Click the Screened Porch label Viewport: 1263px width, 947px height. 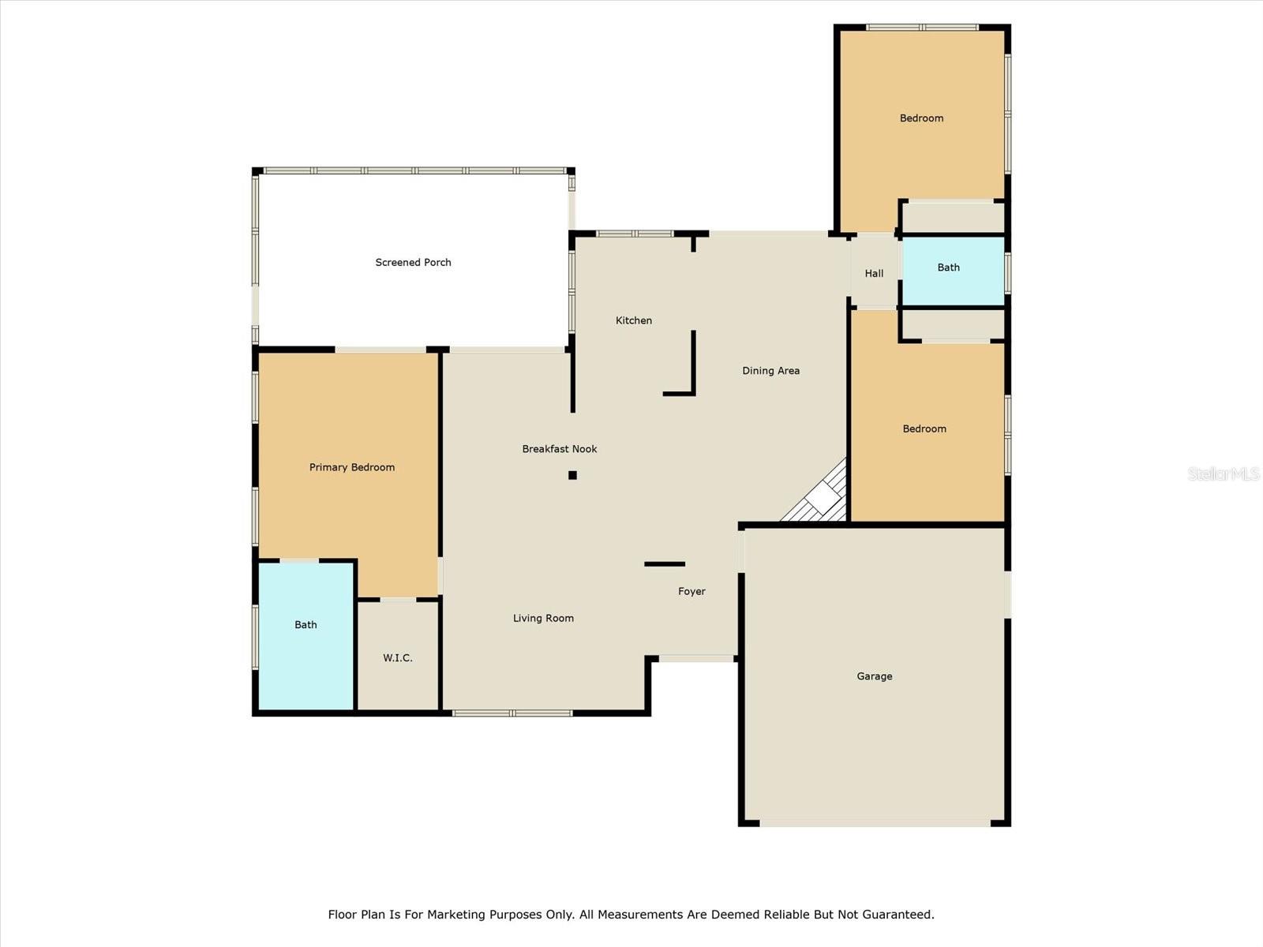click(x=413, y=262)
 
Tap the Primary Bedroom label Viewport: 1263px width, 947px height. click(x=352, y=467)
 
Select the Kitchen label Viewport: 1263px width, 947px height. click(x=634, y=320)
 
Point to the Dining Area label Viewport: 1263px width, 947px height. click(x=771, y=371)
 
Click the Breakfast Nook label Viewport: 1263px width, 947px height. click(x=560, y=449)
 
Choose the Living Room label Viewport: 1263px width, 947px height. click(x=543, y=618)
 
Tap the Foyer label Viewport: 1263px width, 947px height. click(x=691, y=591)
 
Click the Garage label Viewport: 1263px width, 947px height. click(x=875, y=676)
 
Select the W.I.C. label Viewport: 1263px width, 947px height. click(x=398, y=658)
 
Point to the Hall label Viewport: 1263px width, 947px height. click(x=874, y=273)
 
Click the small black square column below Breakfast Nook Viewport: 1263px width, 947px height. click(x=572, y=475)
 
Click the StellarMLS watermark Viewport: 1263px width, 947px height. click(x=1224, y=473)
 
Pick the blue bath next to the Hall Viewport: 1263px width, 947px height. click(x=953, y=271)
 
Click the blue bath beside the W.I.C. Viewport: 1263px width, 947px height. click(x=305, y=636)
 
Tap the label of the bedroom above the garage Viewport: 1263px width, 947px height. click(x=924, y=429)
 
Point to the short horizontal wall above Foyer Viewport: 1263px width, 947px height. click(x=665, y=564)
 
